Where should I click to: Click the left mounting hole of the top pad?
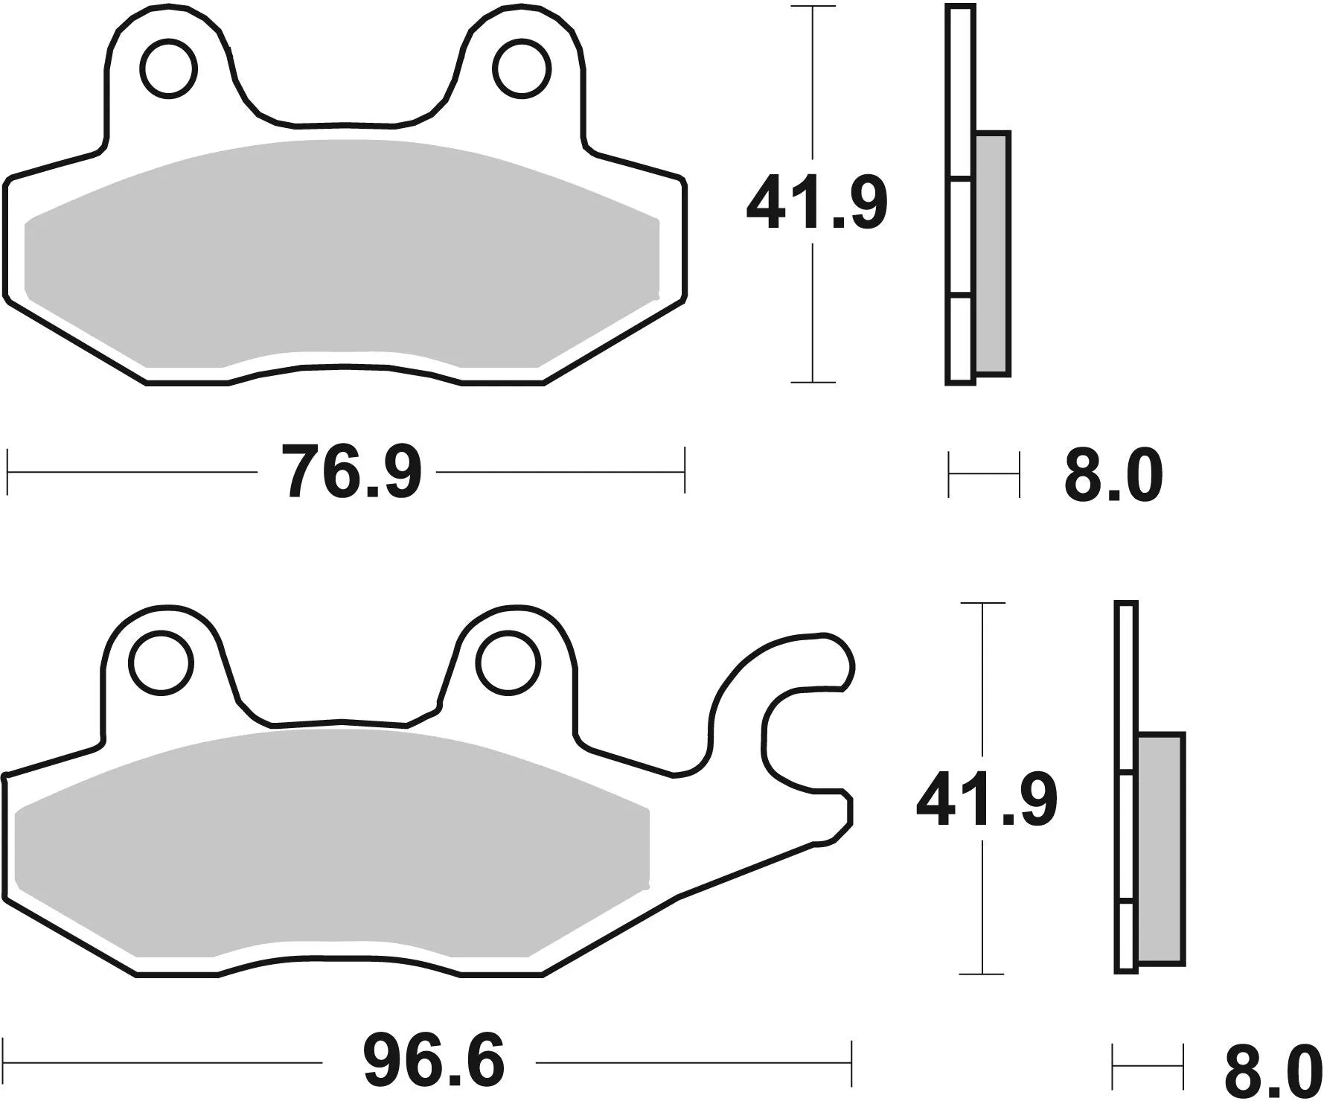(x=172, y=69)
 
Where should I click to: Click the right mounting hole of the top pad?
(x=525, y=69)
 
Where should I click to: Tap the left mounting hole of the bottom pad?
(x=161, y=662)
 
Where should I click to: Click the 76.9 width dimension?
(x=351, y=472)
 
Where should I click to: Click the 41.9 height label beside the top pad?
(x=816, y=203)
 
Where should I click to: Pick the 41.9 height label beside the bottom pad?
(x=986, y=800)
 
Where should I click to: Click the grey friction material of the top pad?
(x=342, y=253)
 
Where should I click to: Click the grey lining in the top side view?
(x=992, y=253)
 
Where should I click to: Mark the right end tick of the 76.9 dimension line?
(x=683, y=470)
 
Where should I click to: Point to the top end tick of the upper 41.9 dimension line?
(x=812, y=8)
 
